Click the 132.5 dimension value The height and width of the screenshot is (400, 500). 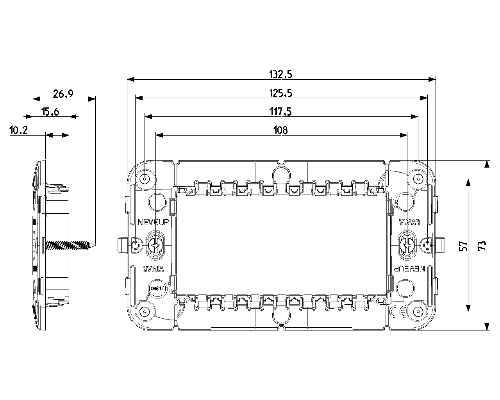[x=280, y=74]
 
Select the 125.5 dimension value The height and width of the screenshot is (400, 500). [x=280, y=93]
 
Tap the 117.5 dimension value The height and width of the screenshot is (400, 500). [x=280, y=112]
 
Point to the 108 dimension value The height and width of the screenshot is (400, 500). [x=280, y=130]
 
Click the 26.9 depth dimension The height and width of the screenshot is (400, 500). [x=63, y=94]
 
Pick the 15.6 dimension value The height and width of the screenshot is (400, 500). [x=50, y=112]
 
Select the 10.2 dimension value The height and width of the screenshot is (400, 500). [x=19, y=130]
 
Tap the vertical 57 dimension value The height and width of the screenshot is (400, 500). [x=463, y=246]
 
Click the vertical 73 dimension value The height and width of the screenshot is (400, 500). [x=482, y=246]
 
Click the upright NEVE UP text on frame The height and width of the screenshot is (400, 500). [x=154, y=222]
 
